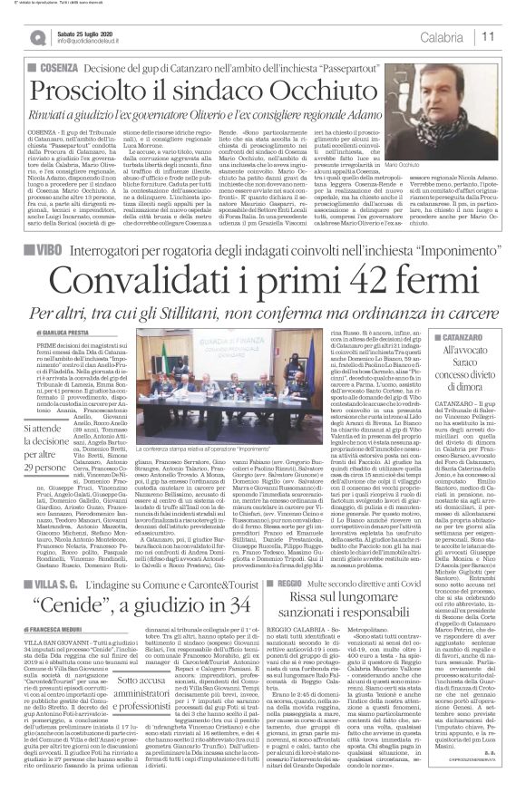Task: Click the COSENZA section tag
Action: tap(54, 67)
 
